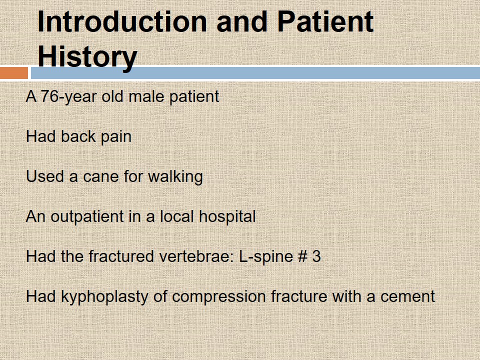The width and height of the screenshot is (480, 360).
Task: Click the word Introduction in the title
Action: tap(122, 21)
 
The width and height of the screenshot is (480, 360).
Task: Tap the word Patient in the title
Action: tap(325, 21)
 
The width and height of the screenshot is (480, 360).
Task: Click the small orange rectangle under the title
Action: tap(14, 73)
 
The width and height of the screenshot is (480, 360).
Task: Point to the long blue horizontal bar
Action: tap(255, 73)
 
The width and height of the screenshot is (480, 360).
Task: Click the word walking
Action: tap(175, 177)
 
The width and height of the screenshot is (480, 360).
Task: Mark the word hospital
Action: tap(227, 217)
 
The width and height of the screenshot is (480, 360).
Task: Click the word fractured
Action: tap(121, 256)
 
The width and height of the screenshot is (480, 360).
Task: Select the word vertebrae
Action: tap(196, 256)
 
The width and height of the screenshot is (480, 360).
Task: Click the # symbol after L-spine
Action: tap(302, 256)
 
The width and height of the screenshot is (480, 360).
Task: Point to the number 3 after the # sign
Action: tap(316, 256)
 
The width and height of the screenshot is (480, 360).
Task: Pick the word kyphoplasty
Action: tap(104, 297)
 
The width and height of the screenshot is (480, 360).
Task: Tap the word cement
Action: tap(407, 297)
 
